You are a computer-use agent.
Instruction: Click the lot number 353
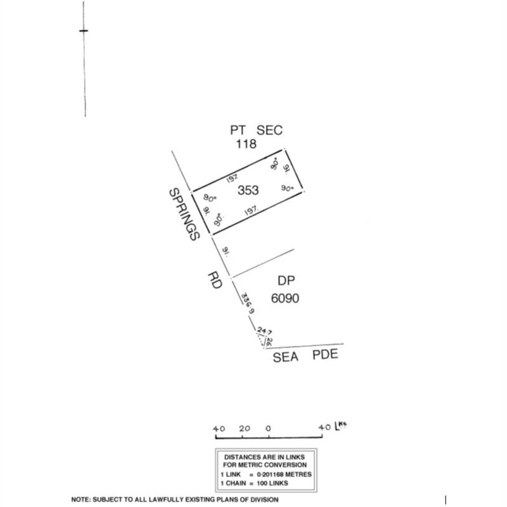[x=248, y=190]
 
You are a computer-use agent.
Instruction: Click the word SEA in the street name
[x=285, y=357]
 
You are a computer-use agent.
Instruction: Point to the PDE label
[x=325, y=354]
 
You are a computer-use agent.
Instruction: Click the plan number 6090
[x=285, y=298]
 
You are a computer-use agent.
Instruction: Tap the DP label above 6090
[x=286, y=281]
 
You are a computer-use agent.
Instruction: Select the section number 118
[x=246, y=144]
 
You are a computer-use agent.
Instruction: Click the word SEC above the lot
[x=269, y=130]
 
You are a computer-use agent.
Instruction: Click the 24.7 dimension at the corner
[x=264, y=332]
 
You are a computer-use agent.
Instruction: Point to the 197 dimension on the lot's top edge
[x=232, y=178]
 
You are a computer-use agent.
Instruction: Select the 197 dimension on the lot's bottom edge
[x=252, y=212]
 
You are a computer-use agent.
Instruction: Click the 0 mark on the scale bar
[x=268, y=429]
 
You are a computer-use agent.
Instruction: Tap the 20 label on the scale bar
[x=245, y=429]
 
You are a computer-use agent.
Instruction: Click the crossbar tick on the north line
[x=84, y=31]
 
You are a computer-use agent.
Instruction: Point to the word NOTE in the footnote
[x=80, y=499]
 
